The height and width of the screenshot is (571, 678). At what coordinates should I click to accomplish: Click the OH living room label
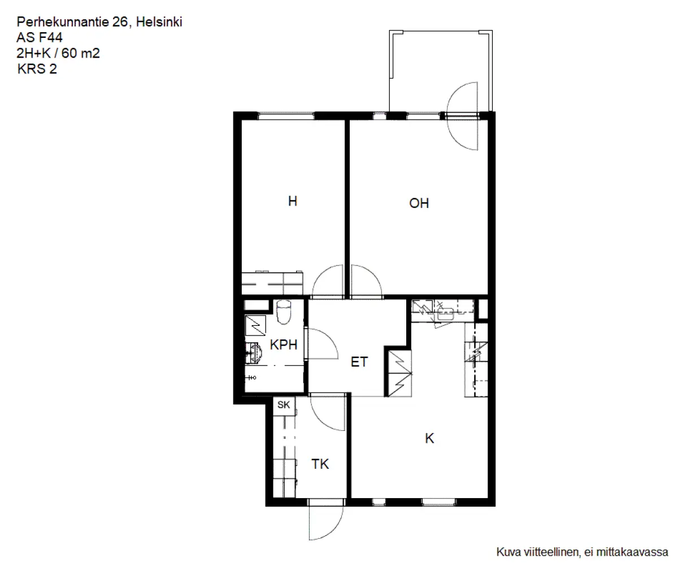(x=419, y=203)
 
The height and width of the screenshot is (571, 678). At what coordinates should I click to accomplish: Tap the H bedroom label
(x=293, y=201)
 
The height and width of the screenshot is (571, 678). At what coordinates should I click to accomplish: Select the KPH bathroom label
(x=284, y=345)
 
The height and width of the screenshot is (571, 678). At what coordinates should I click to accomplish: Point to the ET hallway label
(x=359, y=362)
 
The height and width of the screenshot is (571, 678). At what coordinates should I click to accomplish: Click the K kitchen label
(x=429, y=438)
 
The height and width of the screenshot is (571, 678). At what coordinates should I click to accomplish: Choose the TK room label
(x=320, y=464)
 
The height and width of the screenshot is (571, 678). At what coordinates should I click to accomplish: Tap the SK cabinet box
(x=284, y=406)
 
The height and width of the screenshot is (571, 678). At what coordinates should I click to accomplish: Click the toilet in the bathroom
(x=284, y=312)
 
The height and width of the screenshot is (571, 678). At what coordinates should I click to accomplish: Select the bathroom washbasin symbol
(x=253, y=352)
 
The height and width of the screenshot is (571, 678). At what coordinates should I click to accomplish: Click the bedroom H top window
(x=286, y=116)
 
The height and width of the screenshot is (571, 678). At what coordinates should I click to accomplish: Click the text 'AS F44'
(x=40, y=38)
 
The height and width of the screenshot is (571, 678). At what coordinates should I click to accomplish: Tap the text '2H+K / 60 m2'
(x=58, y=53)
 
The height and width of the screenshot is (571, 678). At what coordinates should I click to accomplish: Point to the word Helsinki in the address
(x=159, y=22)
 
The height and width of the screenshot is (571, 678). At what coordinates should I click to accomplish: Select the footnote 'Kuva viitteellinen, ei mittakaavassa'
(x=582, y=552)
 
